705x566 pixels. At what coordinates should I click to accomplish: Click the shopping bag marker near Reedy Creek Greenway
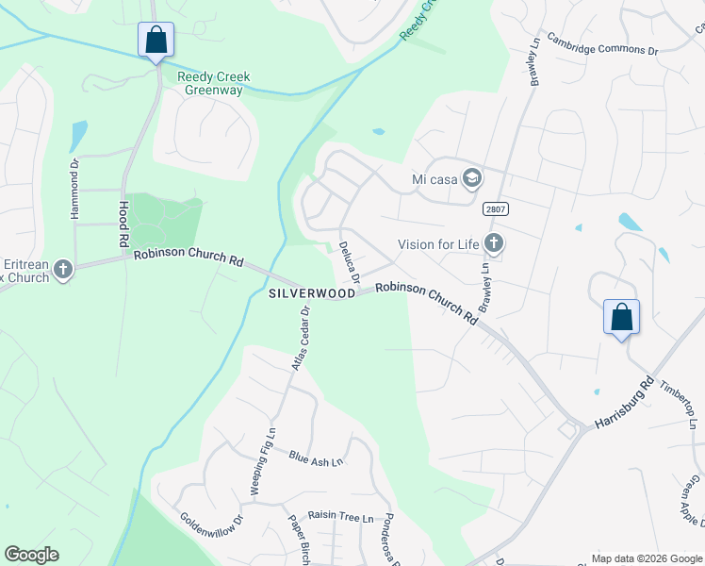click(x=156, y=41)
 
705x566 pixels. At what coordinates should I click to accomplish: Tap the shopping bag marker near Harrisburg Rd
click(x=621, y=318)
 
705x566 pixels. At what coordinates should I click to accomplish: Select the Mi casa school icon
click(x=472, y=178)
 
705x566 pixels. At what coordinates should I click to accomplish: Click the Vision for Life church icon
click(x=493, y=244)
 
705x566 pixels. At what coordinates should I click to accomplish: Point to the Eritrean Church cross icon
click(x=62, y=271)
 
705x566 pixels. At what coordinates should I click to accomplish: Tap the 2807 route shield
click(x=494, y=208)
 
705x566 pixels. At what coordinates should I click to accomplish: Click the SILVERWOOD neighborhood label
click(x=312, y=293)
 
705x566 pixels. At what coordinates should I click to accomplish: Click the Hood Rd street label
click(x=123, y=224)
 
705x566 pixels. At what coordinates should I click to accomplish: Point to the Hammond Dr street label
click(x=75, y=188)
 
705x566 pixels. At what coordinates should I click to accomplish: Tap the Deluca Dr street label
click(x=349, y=263)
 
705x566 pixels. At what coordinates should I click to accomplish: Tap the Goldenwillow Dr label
click(x=212, y=531)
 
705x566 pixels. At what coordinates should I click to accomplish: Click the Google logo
click(x=31, y=555)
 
